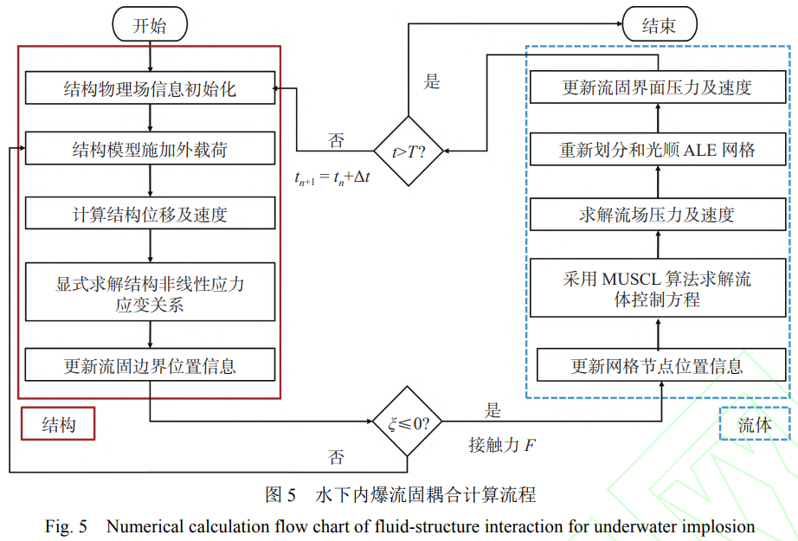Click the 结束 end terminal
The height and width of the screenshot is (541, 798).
click(x=659, y=25)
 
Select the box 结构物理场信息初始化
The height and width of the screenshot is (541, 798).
click(x=151, y=89)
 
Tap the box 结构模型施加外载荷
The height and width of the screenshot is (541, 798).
click(x=151, y=151)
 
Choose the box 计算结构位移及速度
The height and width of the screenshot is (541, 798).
click(x=151, y=212)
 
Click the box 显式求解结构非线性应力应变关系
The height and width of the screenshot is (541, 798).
click(x=151, y=293)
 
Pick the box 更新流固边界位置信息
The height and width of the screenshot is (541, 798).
click(x=151, y=365)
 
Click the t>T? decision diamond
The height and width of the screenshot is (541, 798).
click(x=409, y=151)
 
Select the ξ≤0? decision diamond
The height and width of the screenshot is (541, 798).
click(x=409, y=423)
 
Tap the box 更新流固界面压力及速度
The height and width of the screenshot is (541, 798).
click(x=658, y=88)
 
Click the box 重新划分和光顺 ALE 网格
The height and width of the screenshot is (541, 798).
click(x=658, y=150)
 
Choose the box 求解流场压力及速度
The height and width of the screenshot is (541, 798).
click(x=658, y=214)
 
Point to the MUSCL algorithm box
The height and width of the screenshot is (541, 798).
click(x=658, y=288)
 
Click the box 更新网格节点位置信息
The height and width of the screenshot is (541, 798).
click(x=658, y=365)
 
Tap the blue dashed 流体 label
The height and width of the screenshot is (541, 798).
click(x=754, y=424)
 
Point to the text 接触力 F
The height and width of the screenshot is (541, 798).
click(x=501, y=445)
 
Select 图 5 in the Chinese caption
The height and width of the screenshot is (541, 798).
click(x=280, y=495)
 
